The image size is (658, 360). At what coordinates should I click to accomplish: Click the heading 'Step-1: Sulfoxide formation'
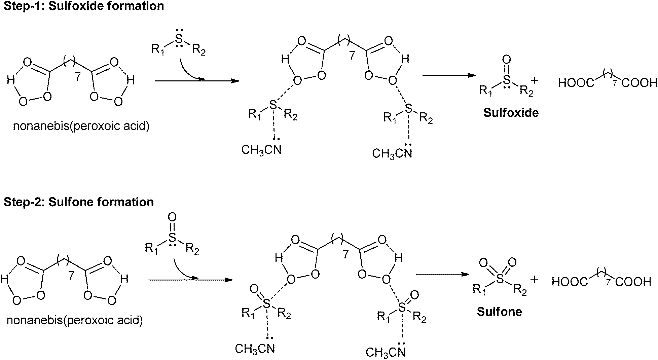(84, 6)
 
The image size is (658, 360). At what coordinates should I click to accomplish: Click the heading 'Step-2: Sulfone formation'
(79, 202)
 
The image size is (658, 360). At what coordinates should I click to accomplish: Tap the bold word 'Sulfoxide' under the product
(511, 113)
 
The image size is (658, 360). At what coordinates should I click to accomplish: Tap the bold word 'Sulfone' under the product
(499, 312)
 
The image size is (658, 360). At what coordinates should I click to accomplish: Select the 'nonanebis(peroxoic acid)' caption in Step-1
(81, 126)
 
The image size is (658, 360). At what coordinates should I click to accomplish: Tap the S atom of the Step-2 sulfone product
(500, 279)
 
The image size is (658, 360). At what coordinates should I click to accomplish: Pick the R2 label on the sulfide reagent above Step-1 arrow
(198, 50)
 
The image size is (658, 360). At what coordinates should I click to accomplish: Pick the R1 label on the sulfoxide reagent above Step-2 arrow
(151, 249)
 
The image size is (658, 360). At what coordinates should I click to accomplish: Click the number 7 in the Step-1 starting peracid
(78, 77)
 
